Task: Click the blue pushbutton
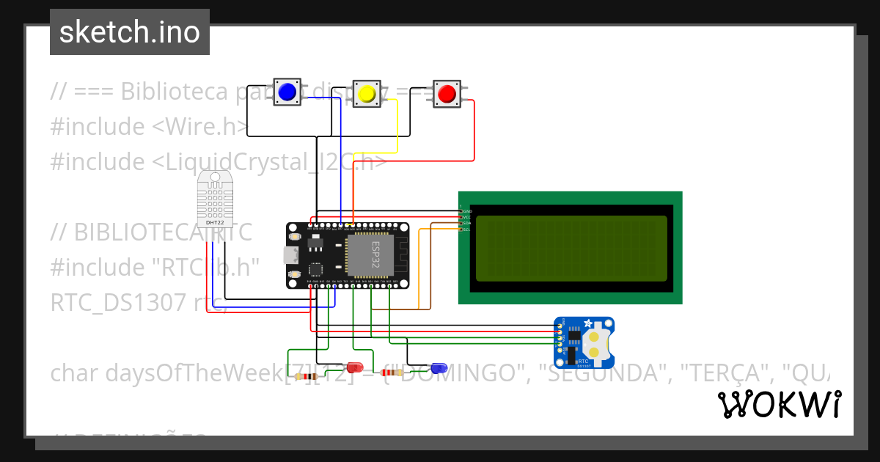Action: [287, 92]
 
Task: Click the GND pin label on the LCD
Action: [467, 211]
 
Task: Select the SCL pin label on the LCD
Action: [466, 230]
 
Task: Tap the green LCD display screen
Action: [571, 249]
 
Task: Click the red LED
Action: [356, 367]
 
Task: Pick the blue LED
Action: [439, 367]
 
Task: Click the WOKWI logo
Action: [779, 404]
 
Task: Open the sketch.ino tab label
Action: [129, 32]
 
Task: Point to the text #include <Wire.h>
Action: [149, 127]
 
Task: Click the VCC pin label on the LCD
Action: [466, 218]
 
